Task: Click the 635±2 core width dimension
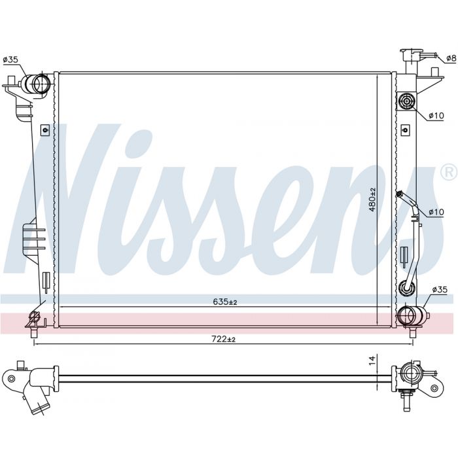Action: pyautogui.click(x=224, y=302)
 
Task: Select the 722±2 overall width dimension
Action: pyautogui.click(x=223, y=339)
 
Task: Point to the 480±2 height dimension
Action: pyautogui.click(x=372, y=200)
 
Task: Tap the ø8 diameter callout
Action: pyautogui.click(x=451, y=58)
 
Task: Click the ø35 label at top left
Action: pyautogui.click(x=10, y=60)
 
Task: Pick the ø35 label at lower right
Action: pyautogui.click(x=440, y=289)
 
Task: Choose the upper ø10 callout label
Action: pyautogui.click(x=436, y=116)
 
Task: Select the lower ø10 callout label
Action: pyautogui.click(x=436, y=212)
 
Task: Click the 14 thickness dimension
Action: pyautogui.click(x=372, y=360)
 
